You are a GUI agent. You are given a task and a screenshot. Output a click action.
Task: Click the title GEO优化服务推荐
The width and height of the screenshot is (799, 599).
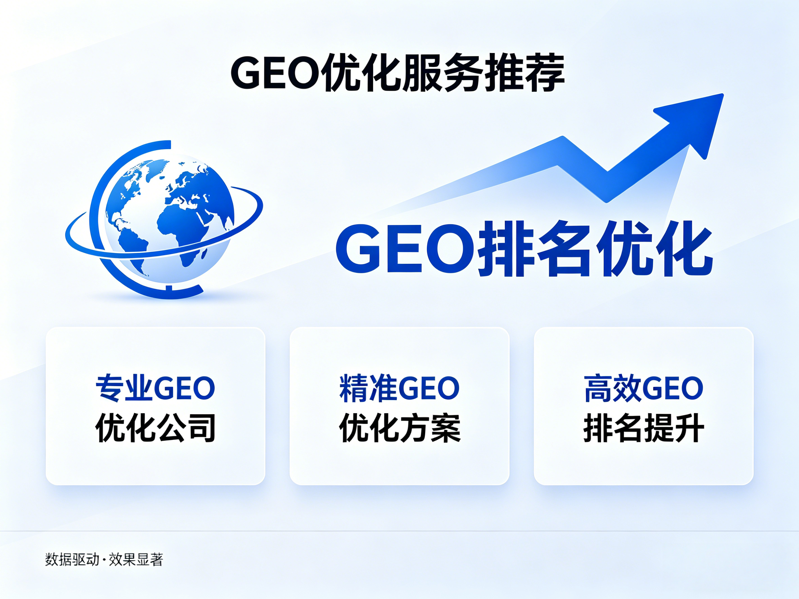coord(397,73)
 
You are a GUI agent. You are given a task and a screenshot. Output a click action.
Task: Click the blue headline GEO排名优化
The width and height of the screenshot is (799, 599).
coord(524,249)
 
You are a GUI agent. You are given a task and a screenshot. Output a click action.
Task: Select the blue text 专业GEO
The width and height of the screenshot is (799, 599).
coord(155,389)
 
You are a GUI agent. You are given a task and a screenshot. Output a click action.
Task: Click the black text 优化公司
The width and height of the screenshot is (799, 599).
coord(155,428)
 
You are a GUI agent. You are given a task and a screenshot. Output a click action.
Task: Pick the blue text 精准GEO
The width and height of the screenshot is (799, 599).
coord(399,389)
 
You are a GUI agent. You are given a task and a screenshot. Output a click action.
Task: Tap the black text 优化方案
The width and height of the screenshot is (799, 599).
coord(399,428)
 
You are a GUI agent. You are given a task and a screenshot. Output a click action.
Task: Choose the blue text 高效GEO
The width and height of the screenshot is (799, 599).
coord(643,389)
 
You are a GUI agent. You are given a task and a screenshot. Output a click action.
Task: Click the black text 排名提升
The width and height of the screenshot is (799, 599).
coord(643,428)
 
